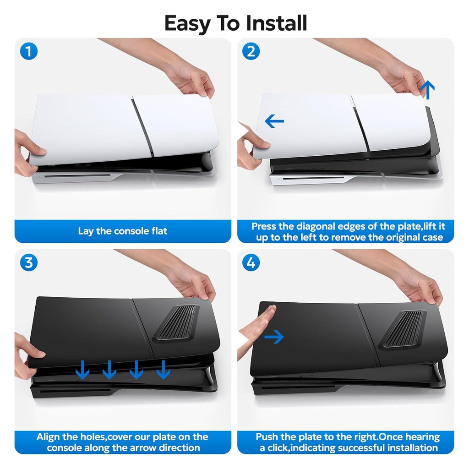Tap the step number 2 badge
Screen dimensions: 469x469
click(251, 51)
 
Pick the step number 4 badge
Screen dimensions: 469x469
click(251, 263)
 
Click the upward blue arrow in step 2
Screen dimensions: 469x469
click(427, 89)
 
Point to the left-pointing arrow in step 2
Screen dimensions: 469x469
click(274, 121)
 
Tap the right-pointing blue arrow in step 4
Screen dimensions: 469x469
click(274, 338)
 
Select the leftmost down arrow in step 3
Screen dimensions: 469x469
click(82, 369)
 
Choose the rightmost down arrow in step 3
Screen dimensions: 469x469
click(163, 369)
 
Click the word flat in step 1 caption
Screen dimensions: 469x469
click(156, 231)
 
